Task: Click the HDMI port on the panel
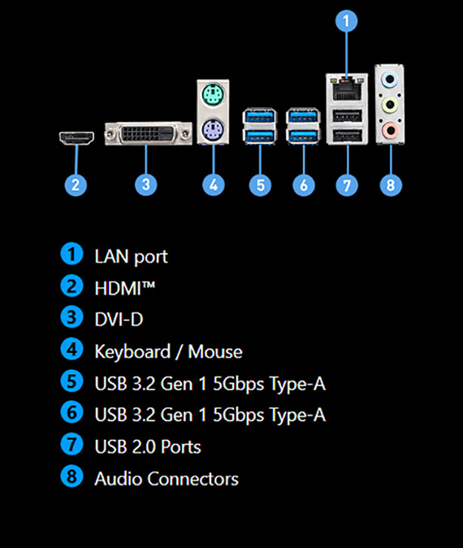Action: coord(76,138)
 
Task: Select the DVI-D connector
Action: coord(149,133)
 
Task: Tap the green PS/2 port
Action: coord(213,94)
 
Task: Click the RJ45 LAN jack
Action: coord(347,88)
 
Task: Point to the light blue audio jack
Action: coord(389,80)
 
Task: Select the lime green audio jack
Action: coord(389,105)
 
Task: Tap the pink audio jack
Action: coord(389,130)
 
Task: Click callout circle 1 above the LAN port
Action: coord(346,21)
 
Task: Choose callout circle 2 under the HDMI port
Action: coord(76,185)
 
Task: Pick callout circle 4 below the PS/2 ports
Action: coord(214,185)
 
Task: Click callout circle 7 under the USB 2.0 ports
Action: coord(347,185)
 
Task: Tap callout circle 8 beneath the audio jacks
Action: coord(391,185)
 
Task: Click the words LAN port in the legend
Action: coord(132,257)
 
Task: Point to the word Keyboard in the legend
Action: coord(132,352)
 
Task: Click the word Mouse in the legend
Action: coord(215,351)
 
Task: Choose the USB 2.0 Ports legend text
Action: coord(148,446)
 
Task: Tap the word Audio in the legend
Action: coord(119,478)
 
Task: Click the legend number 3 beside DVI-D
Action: coord(71,317)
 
